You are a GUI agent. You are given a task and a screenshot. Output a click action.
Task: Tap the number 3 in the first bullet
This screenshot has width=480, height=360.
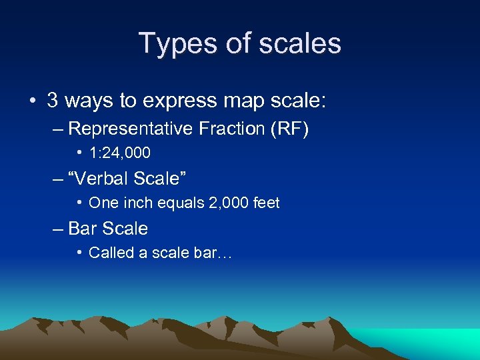53,101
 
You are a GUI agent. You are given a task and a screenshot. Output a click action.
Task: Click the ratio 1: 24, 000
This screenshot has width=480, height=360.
120,153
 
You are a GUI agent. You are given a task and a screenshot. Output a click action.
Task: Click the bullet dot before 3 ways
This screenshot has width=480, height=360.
32,101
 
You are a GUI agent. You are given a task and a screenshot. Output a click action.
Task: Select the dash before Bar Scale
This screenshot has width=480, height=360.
58,229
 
